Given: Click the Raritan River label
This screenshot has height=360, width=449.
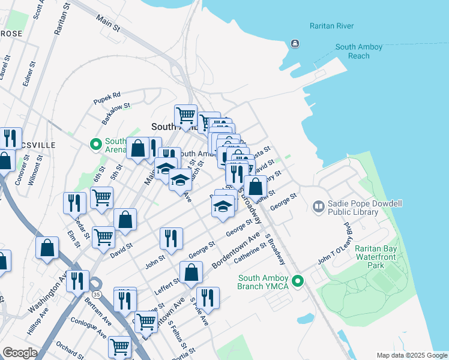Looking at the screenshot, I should (x=331, y=26).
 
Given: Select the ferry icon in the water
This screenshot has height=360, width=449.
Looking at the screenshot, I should (x=295, y=44).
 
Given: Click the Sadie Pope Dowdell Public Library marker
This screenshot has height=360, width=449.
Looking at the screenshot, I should (x=318, y=206).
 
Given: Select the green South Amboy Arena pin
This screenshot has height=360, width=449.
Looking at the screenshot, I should (x=95, y=144).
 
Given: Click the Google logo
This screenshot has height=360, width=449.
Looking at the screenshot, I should (x=19, y=353).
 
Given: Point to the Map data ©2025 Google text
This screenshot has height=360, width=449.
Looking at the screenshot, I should (x=411, y=355).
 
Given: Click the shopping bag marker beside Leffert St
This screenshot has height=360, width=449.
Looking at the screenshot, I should (x=191, y=272).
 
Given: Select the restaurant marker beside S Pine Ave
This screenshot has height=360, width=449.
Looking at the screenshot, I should (x=208, y=297).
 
